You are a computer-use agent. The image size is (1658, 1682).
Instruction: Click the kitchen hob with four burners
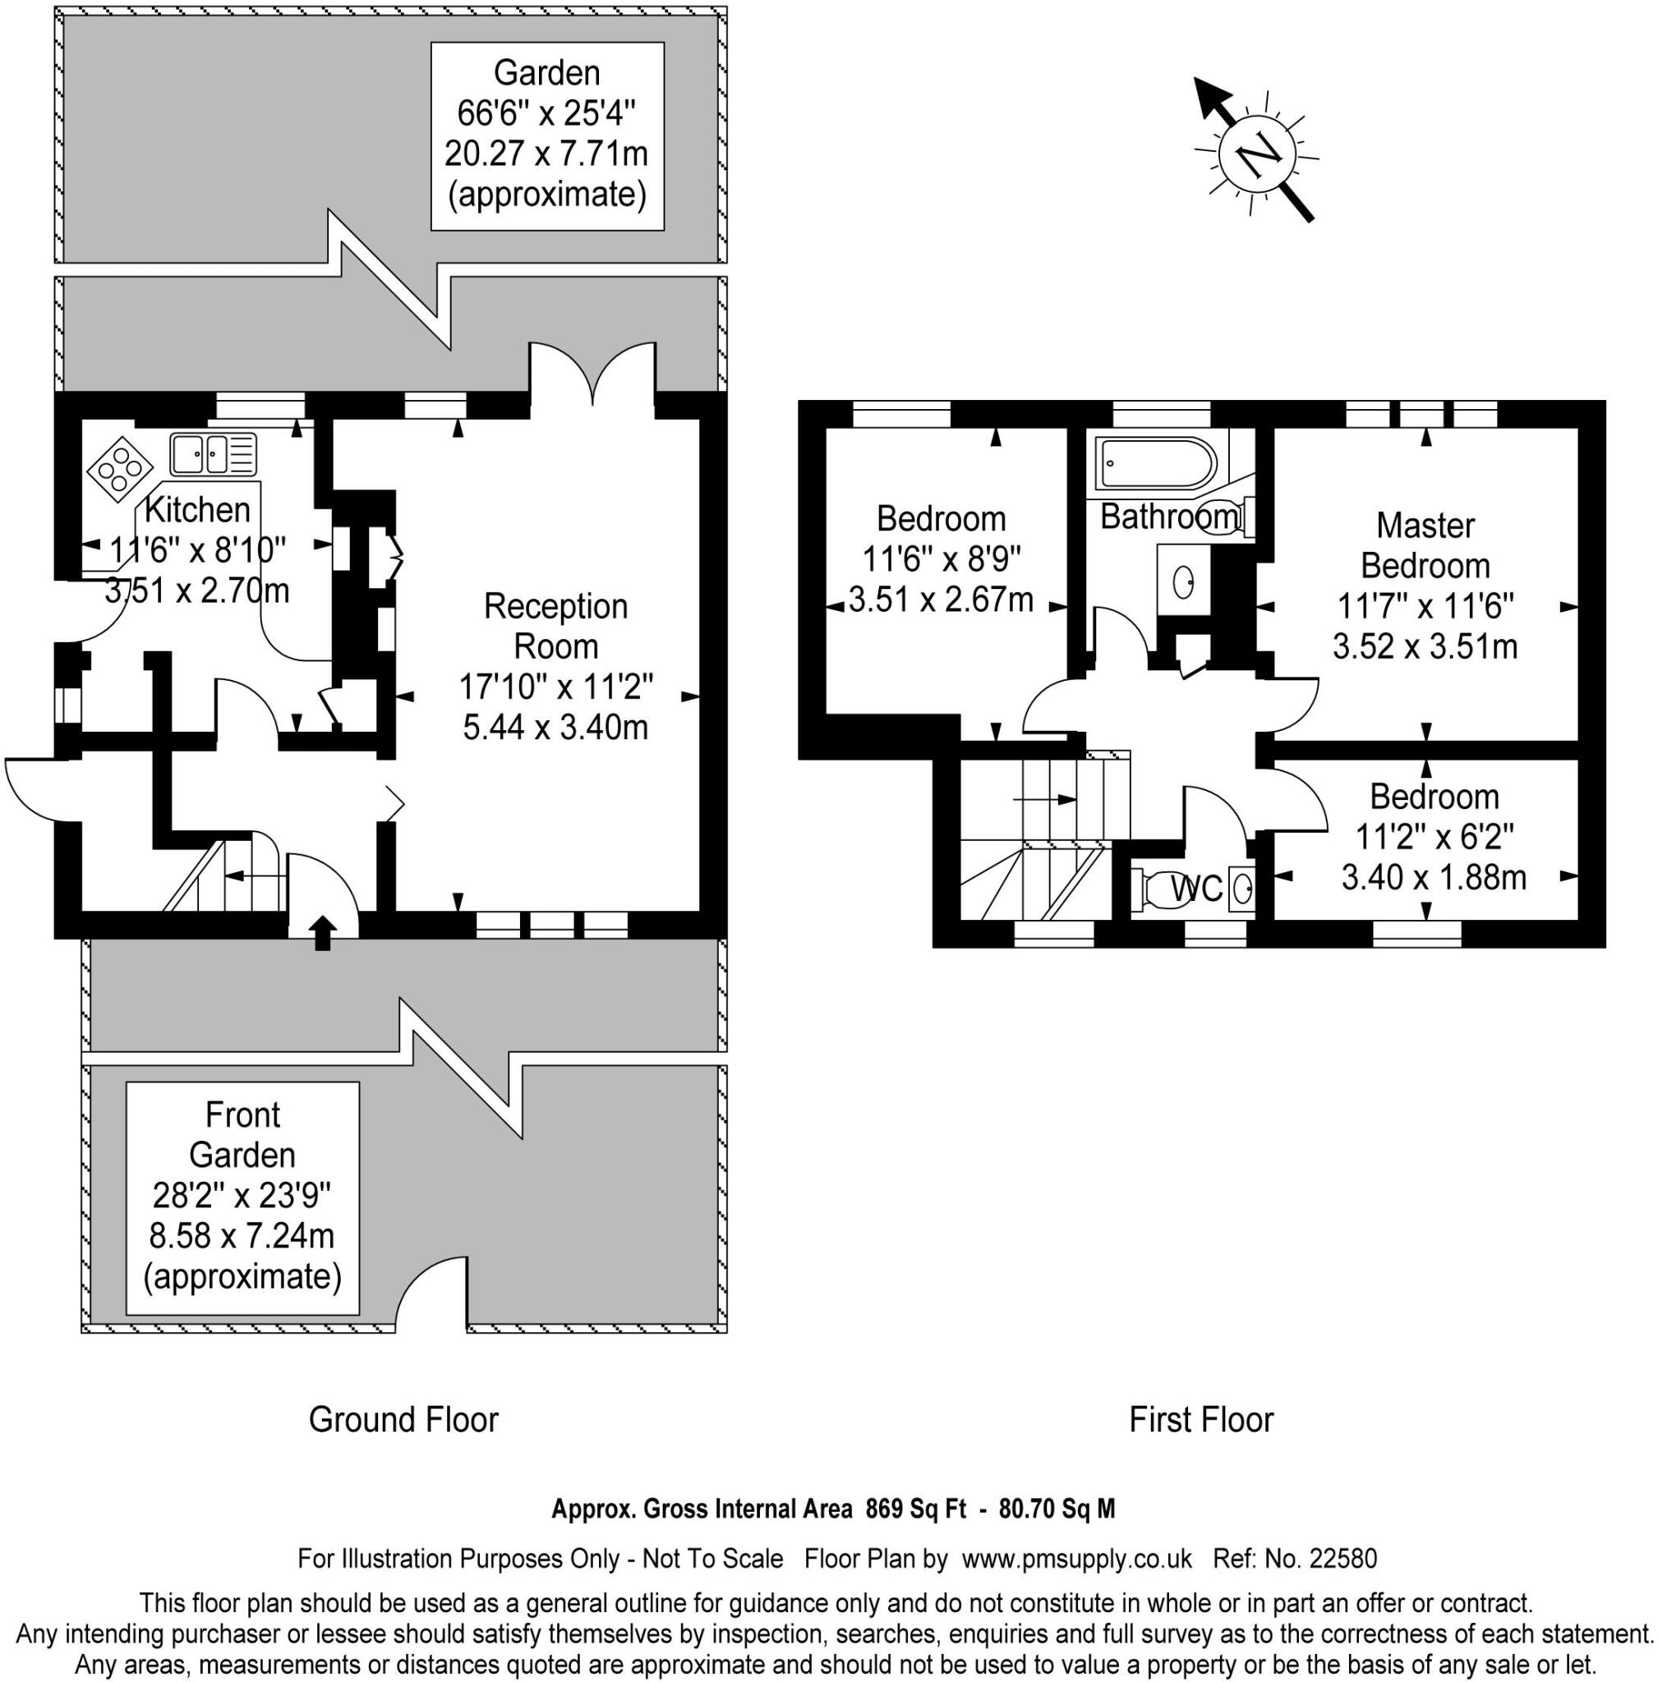coord(116,469)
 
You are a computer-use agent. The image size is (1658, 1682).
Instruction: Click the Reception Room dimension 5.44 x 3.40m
coord(555,727)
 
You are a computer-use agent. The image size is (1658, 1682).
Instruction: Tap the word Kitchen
coord(198,509)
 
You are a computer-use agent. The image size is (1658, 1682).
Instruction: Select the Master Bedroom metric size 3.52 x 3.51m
coord(1425,646)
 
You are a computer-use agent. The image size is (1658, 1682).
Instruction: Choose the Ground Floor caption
coord(403,1420)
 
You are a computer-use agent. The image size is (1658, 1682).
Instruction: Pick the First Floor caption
coord(1201,1420)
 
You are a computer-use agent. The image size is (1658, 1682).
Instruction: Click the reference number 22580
coord(1342,1557)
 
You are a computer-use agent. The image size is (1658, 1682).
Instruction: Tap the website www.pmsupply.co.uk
coord(1076,1558)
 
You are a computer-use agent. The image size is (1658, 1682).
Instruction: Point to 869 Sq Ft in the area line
coord(915,1509)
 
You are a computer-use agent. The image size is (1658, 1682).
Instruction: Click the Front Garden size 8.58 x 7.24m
coord(243,1235)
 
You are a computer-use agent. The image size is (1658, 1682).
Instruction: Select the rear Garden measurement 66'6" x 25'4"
coord(547,113)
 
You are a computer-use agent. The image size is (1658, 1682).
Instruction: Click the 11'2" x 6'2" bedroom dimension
coord(1435,837)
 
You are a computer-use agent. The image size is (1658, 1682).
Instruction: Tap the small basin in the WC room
coord(1242,889)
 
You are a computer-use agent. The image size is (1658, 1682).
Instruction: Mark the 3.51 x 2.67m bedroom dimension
coord(941,600)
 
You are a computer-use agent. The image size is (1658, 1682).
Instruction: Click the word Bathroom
coord(1169,517)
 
